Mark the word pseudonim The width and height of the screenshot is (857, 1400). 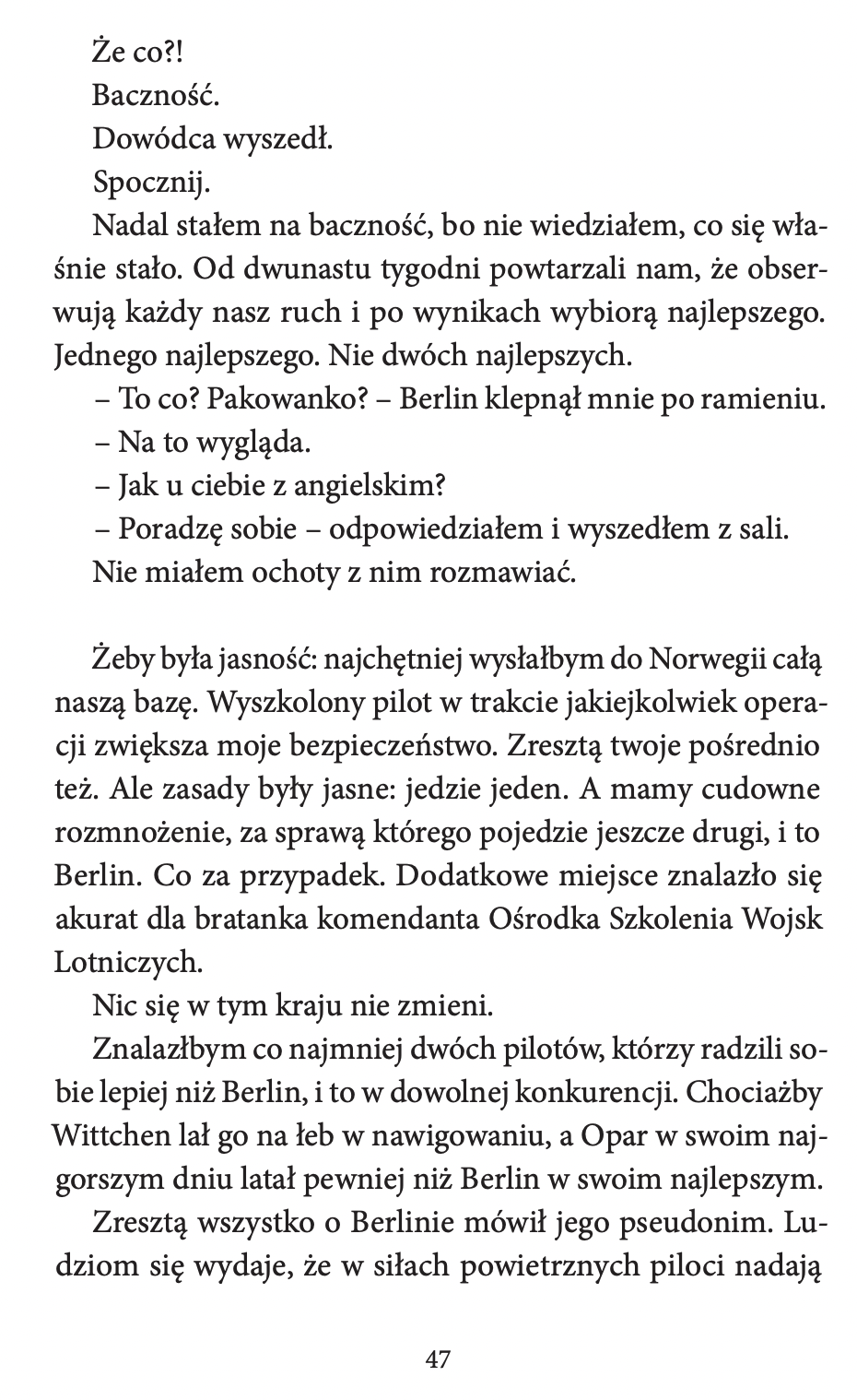point(680,1224)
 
